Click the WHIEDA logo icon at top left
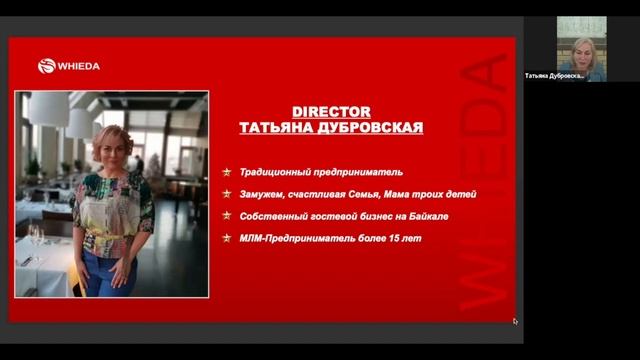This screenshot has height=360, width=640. click(46, 66)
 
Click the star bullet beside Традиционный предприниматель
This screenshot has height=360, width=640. click(228, 172)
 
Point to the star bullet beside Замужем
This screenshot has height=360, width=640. click(228, 194)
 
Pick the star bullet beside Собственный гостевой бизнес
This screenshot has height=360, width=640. click(228, 215)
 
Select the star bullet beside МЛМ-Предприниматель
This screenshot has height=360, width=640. click(228, 237)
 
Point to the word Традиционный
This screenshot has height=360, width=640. click(272, 172)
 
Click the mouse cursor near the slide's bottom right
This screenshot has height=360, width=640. click(515, 321)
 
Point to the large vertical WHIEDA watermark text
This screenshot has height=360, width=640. click(484, 180)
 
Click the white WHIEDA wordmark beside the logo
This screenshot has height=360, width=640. click(79, 66)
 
